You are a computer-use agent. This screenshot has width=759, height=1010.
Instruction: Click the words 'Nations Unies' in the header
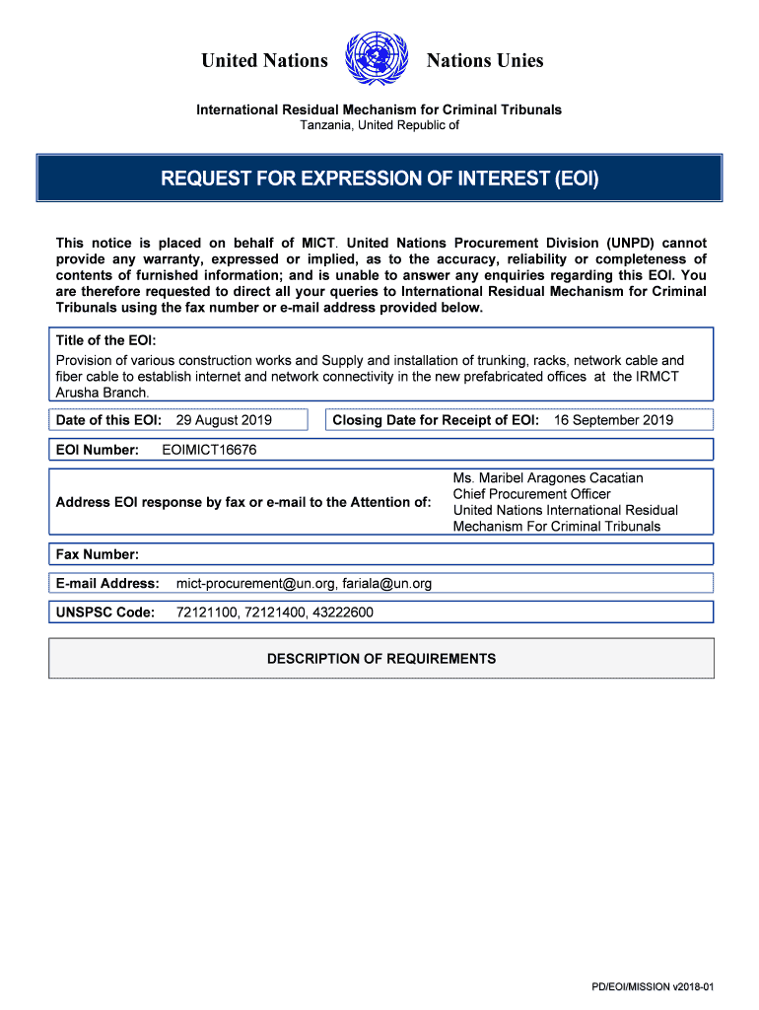click(x=484, y=61)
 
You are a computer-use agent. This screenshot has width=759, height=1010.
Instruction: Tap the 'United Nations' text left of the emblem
click(x=264, y=61)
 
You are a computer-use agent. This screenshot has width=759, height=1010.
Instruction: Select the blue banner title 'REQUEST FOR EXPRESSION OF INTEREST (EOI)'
click(x=379, y=179)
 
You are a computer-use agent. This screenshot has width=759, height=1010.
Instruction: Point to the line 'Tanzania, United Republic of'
click(x=379, y=126)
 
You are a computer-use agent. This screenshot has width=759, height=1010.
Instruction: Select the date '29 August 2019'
click(x=223, y=420)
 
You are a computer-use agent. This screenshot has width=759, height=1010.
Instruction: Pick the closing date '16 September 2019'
click(x=613, y=420)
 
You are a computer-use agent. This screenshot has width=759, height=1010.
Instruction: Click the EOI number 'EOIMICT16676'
click(x=209, y=450)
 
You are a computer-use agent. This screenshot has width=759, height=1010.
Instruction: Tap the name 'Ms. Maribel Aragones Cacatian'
click(x=548, y=478)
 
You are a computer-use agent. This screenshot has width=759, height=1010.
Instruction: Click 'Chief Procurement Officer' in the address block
click(x=531, y=494)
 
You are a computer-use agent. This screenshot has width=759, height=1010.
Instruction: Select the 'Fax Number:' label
click(x=98, y=553)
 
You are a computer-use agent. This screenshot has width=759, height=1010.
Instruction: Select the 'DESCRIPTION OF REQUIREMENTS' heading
click(x=381, y=659)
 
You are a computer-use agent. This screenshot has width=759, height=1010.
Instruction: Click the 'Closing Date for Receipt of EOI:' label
click(x=436, y=420)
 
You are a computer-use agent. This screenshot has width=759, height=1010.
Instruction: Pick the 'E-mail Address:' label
click(x=107, y=583)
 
